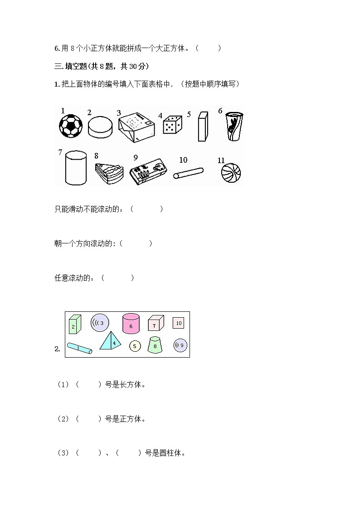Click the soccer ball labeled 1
pyautogui.click(x=71, y=125)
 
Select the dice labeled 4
pyautogui.click(x=172, y=125)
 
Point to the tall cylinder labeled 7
pyautogui.click(x=76, y=168)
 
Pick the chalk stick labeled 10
pyautogui.click(x=188, y=173)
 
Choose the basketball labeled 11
pyautogui.click(x=231, y=173)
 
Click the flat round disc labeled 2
pyautogui.click(x=100, y=127)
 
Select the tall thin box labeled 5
pyautogui.click(x=202, y=127)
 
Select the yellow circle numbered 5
pyautogui.click(x=135, y=346)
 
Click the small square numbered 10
pyautogui.click(x=178, y=323)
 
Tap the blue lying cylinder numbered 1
pyautogui.click(x=79, y=349)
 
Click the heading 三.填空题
pyautogui.click(x=101, y=66)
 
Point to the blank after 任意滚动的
pyautogui.click(x=117, y=278)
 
